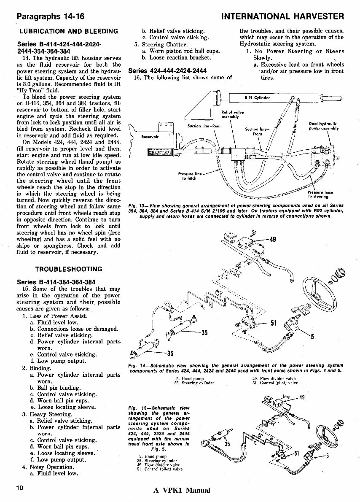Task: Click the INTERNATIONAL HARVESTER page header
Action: [x=282, y=17]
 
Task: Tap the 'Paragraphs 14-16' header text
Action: [x=50, y=17]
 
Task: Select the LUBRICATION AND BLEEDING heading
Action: [x=69, y=31]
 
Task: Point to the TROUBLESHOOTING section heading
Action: [x=69, y=269]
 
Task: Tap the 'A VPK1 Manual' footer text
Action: [x=181, y=490]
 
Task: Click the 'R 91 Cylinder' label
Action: [x=257, y=98]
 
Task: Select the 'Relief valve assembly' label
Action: [x=231, y=114]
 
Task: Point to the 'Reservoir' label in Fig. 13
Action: [x=150, y=137]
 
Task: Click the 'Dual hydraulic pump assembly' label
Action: [x=323, y=126]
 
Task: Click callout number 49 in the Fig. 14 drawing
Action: [x=272, y=240]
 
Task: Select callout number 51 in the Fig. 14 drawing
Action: [x=273, y=324]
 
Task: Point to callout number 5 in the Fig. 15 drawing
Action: [x=327, y=456]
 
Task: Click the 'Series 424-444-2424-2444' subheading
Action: [x=167, y=70]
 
